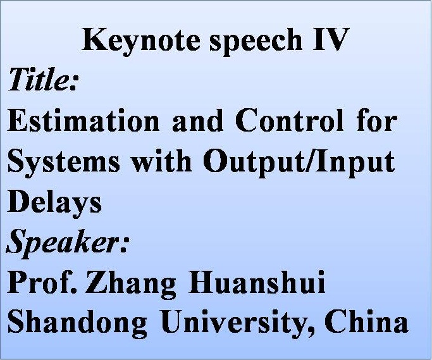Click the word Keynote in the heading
pyautogui.click(x=140, y=40)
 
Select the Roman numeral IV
pyautogui.click(x=330, y=39)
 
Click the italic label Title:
pyautogui.click(x=42, y=79)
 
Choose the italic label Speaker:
pyautogui.click(x=67, y=243)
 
